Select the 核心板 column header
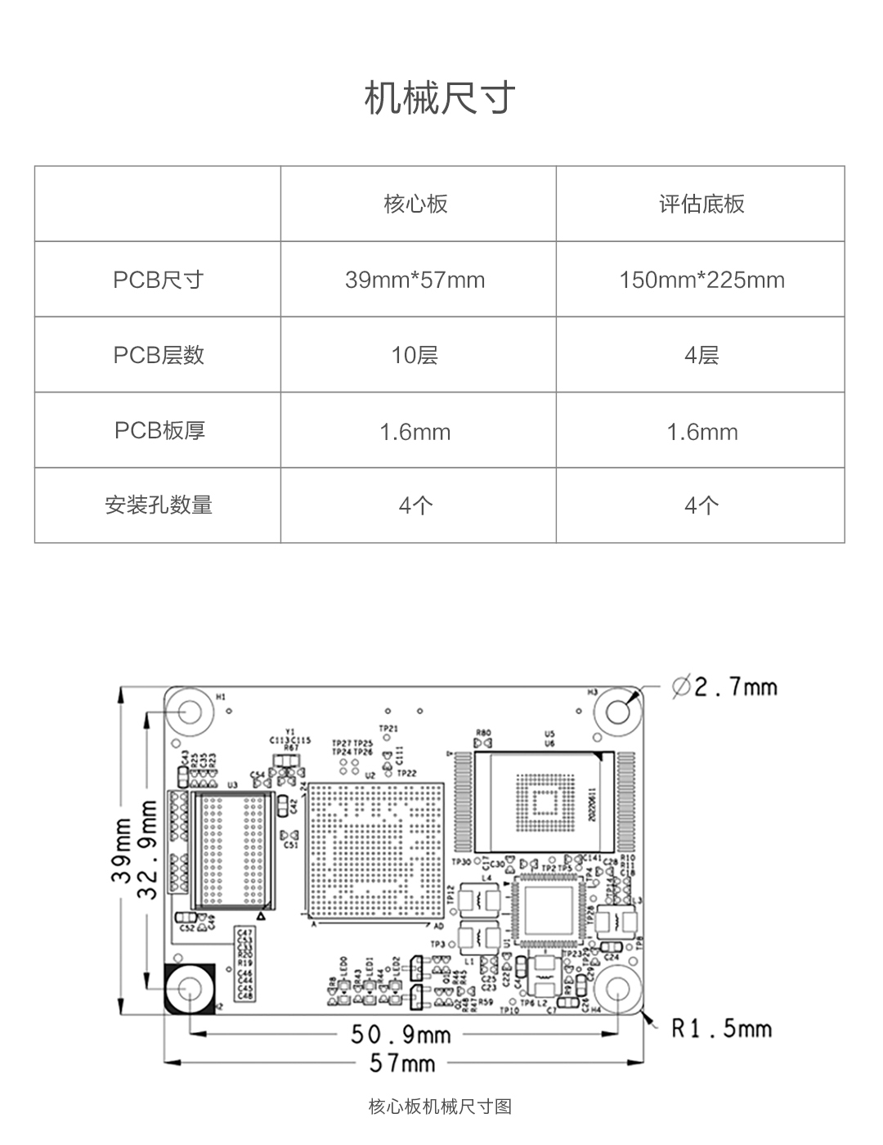pyautogui.click(x=416, y=204)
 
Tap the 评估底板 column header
pyautogui.click(x=701, y=204)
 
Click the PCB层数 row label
pyautogui.click(x=159, y=355)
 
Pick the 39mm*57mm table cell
pyautogui.click(x=415, y=280)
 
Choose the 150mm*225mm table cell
pyautogui.click(x=701, y=280)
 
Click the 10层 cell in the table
pyautogui.click(x=415, y=355)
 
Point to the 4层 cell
pyautogui.click(x=701, y=355)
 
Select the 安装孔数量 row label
pyautogui.click(x=159, y=505)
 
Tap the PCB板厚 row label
pyautogui.click(x=159, y=430)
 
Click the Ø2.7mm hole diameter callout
pyautogui.click(x=724, y=687)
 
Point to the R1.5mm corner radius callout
pyautogui.click(x=721, y=1028)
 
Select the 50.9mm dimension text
pyautogui.click(x=401, y=1035)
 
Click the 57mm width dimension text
pyautogui.click(x=402, y=1063)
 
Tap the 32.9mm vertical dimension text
pyautogui.click(x=148, y=850)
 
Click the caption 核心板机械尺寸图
pyautogui.click(x=440, y=1107)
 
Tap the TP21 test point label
pyautogui.click(x=388, y=728)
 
